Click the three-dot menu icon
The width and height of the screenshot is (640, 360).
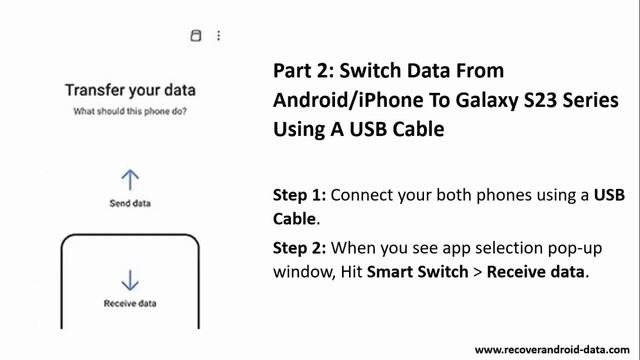(219, 36)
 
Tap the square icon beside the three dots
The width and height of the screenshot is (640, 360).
(196, 36)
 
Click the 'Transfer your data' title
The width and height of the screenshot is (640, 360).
(130, 91)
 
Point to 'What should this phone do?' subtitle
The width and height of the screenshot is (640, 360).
(130, 111)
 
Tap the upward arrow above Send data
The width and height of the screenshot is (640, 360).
(130, 180)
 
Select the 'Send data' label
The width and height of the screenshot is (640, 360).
(130, 203)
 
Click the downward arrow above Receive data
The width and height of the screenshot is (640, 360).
(130, 280)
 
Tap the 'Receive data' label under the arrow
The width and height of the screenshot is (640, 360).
(130, 303)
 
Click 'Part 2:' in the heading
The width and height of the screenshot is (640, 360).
(304, 71)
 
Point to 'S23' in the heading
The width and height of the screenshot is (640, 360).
(540, 100)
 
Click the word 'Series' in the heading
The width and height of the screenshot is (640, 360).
(591, 100)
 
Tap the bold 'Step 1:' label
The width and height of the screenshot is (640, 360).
(299, 195)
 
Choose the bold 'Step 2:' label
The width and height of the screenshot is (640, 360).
(299, 248)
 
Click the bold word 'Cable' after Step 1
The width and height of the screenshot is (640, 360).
(294, 219)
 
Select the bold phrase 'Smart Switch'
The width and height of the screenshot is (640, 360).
(418, 272)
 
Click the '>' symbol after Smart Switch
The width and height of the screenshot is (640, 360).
(478, 272)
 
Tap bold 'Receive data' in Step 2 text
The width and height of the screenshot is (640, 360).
(536, 272)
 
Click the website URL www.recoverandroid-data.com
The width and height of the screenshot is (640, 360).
(552, 350)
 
